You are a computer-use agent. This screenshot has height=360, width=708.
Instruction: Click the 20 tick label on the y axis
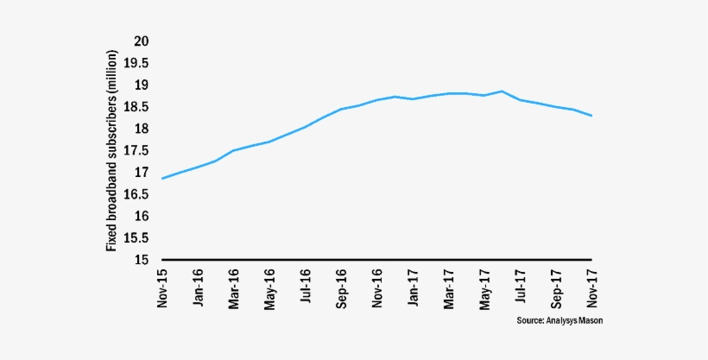click(142, 41)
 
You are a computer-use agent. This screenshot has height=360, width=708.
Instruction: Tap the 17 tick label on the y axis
click(142, 173)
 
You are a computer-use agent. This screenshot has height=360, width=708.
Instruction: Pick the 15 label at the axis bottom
click(142, 260)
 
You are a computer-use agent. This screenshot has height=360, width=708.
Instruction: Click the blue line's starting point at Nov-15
click(162, 178)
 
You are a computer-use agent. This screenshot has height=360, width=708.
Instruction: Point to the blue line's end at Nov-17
click(591, 116)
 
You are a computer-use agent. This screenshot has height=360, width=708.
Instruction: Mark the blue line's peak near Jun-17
click(502, 91)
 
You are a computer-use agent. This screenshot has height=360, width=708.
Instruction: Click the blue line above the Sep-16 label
click(341, 109)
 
